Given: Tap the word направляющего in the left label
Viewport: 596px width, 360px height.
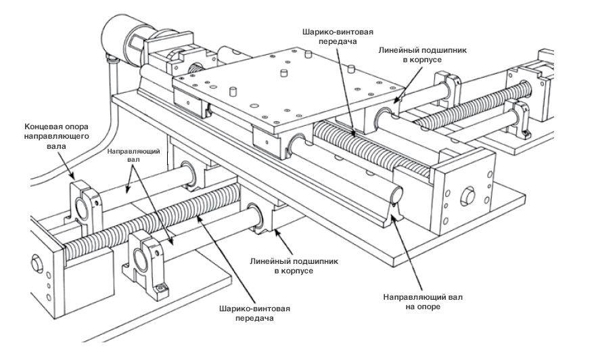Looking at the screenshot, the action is click(x=58, y=136).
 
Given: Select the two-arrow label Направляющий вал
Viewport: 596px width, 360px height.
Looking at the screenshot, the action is click(x=133, y=155).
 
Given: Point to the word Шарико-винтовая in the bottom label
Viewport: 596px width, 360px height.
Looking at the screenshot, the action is click(x=254, y=309).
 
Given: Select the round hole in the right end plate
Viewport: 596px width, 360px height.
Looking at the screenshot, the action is click(x=467, y=196).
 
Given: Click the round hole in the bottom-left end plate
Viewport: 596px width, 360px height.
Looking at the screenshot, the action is click(x=37, y=263).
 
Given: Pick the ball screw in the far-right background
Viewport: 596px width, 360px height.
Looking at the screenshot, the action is click(x=472, y=104).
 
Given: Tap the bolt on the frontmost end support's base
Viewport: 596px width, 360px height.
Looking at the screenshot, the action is click(x=161, y=290).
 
